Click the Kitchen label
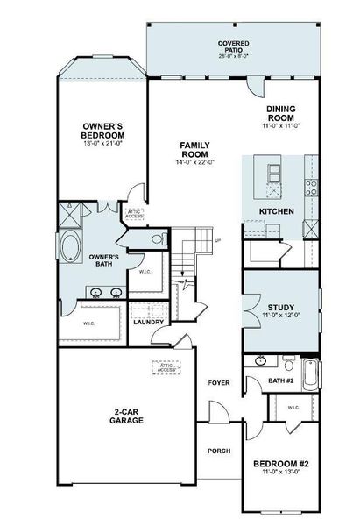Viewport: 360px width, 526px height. pos(276,211)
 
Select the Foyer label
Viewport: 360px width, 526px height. pos(218,383)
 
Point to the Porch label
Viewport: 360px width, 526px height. pos(218,452)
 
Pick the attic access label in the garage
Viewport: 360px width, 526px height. pos(167,369)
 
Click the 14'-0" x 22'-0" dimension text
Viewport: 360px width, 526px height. pos(194,162)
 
